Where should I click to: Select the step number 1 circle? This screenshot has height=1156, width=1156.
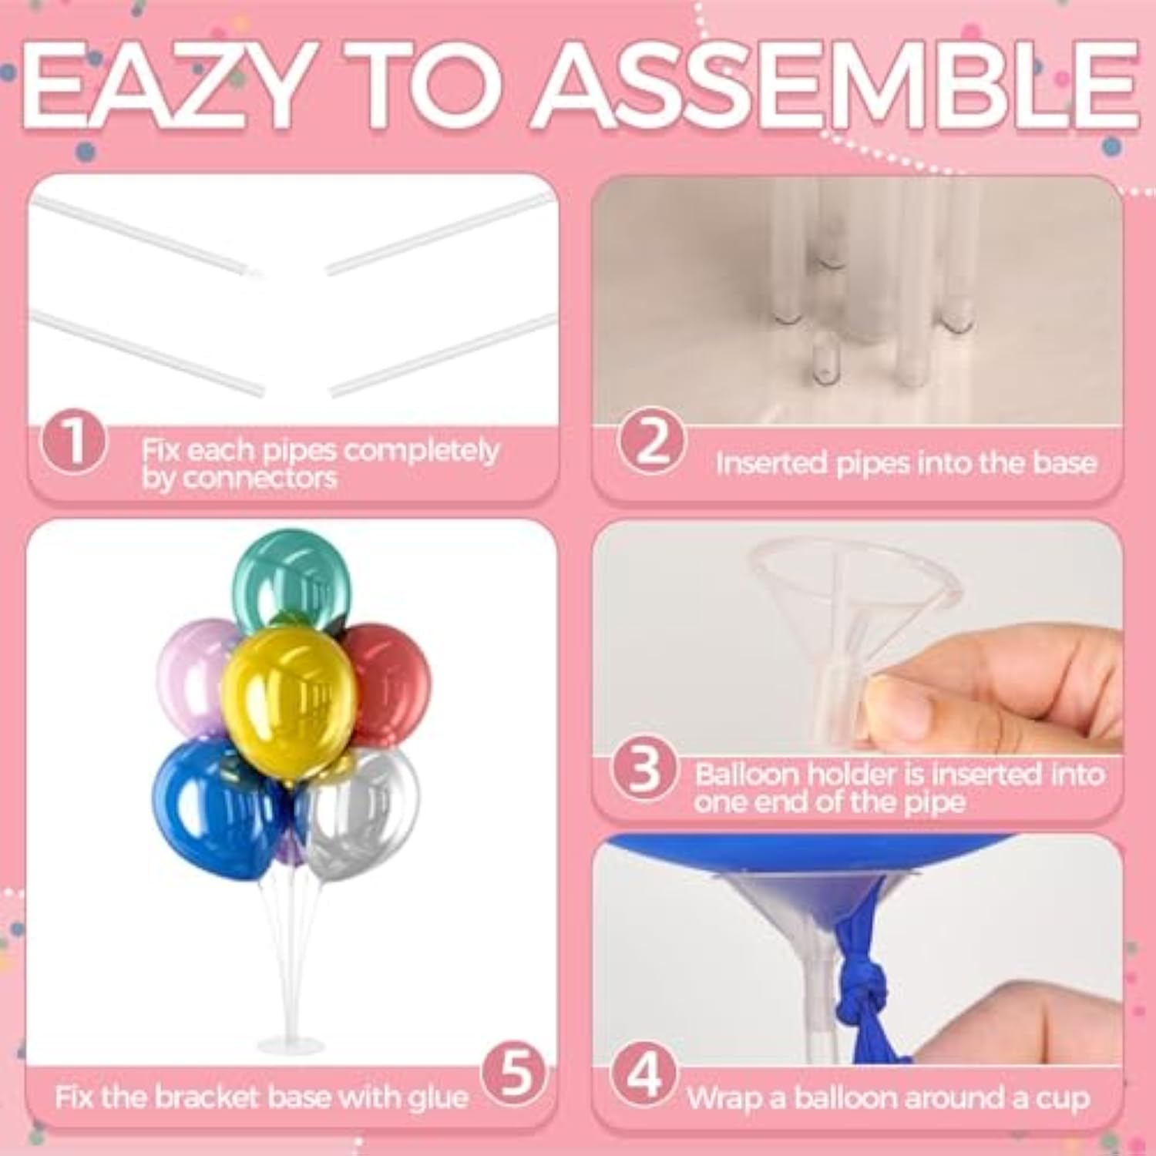74,442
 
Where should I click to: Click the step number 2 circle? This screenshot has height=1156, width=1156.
651,441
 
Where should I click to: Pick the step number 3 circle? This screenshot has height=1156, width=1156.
644,769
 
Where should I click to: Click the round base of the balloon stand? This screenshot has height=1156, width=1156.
291,1045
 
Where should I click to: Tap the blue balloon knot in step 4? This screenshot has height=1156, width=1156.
863,990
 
